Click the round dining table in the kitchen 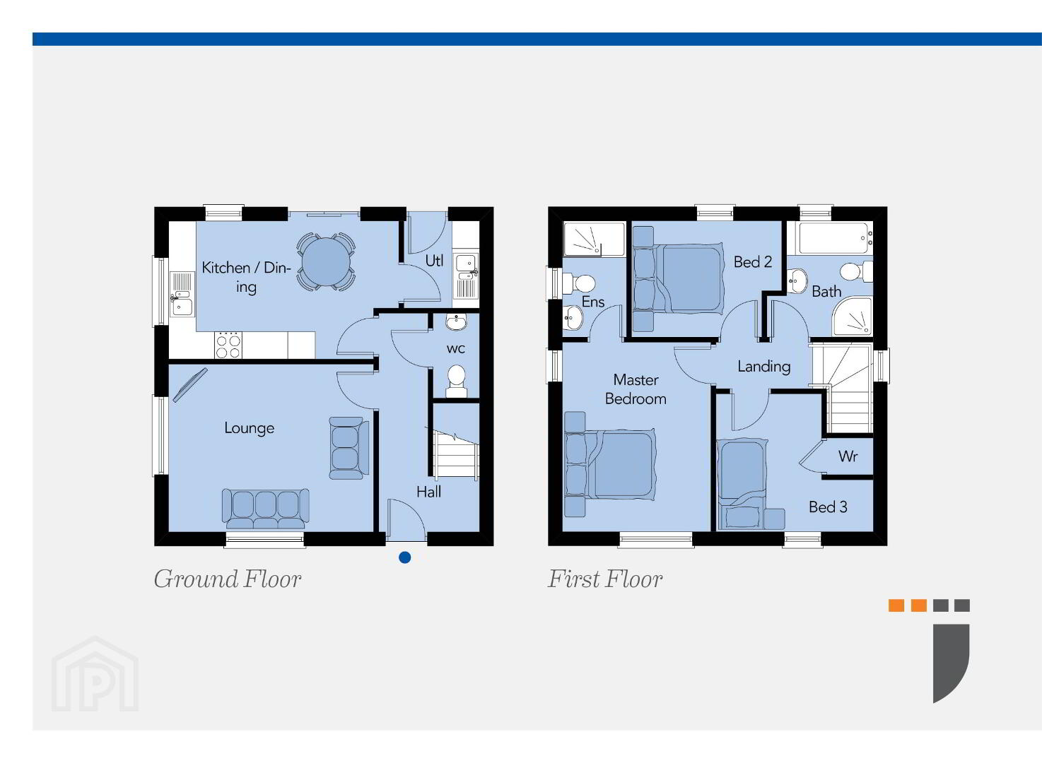pos(326,262)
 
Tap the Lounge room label pos(249,428)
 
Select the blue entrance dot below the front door pos(404,557)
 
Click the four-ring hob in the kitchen pos(228,345)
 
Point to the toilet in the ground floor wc pos(457,381)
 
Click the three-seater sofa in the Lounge pos(265,509)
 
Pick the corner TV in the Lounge pos(189,384)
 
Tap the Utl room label pos(435,261)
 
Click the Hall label pos(428,492)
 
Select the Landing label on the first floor pos(763,367)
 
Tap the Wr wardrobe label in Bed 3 pos(848,456)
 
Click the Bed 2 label pos(753,262)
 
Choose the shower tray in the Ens pos(594,239)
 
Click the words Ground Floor pos(227,579)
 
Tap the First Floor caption pos(604,579)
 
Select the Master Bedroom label pos(636,390)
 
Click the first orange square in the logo pos(896,605)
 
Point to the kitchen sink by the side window pos(182,295)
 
